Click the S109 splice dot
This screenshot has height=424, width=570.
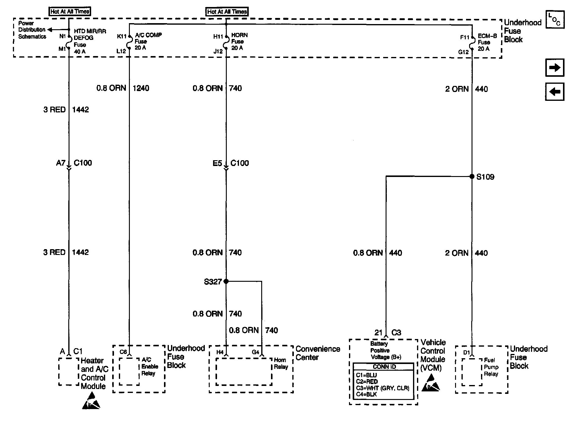coord(472,176)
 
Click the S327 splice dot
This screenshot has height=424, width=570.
coord(226,281)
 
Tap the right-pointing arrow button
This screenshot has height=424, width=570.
coord(554,68)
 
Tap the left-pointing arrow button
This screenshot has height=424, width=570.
coord(554,91)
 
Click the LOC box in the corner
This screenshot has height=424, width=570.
coord(554,19)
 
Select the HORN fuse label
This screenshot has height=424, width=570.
coord(239,41)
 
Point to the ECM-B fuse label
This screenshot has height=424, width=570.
coord(487,42)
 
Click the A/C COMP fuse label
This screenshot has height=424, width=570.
coord(148,41)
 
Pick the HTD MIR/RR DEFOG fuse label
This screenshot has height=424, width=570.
coord(90,41)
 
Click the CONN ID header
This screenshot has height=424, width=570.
coord(384,367)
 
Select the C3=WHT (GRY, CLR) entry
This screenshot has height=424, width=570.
coord(382,388)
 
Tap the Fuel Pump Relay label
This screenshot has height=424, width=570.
coord(491,367)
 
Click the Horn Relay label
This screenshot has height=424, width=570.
coord(281,363)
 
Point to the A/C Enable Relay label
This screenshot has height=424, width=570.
coord(149,366)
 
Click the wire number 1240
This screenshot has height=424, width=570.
coord(141,88)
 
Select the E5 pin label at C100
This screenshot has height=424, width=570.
coord(217,163)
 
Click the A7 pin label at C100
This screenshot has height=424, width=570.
coord(61,163)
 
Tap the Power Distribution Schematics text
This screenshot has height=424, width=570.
coord(32,30)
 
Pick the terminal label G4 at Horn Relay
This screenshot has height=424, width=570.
coord(255,352)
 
